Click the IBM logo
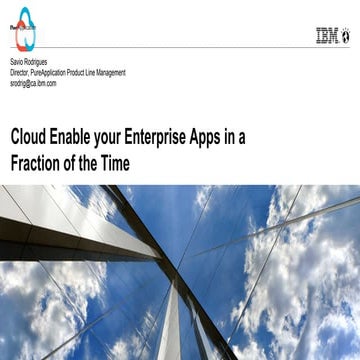point(326,36)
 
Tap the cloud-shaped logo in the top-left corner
point(25,29)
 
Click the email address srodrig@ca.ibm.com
point(33,83)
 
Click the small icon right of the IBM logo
point(346,36)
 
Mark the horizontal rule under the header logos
point(180,48)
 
